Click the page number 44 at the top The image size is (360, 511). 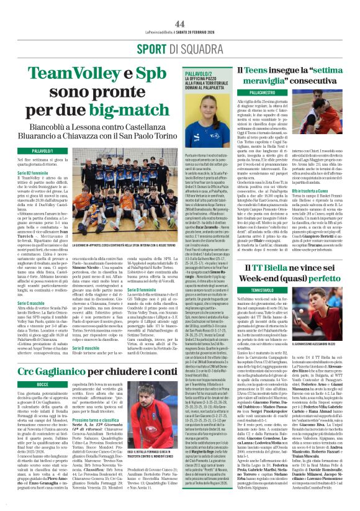pyautogui.click(x=179, y=8)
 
